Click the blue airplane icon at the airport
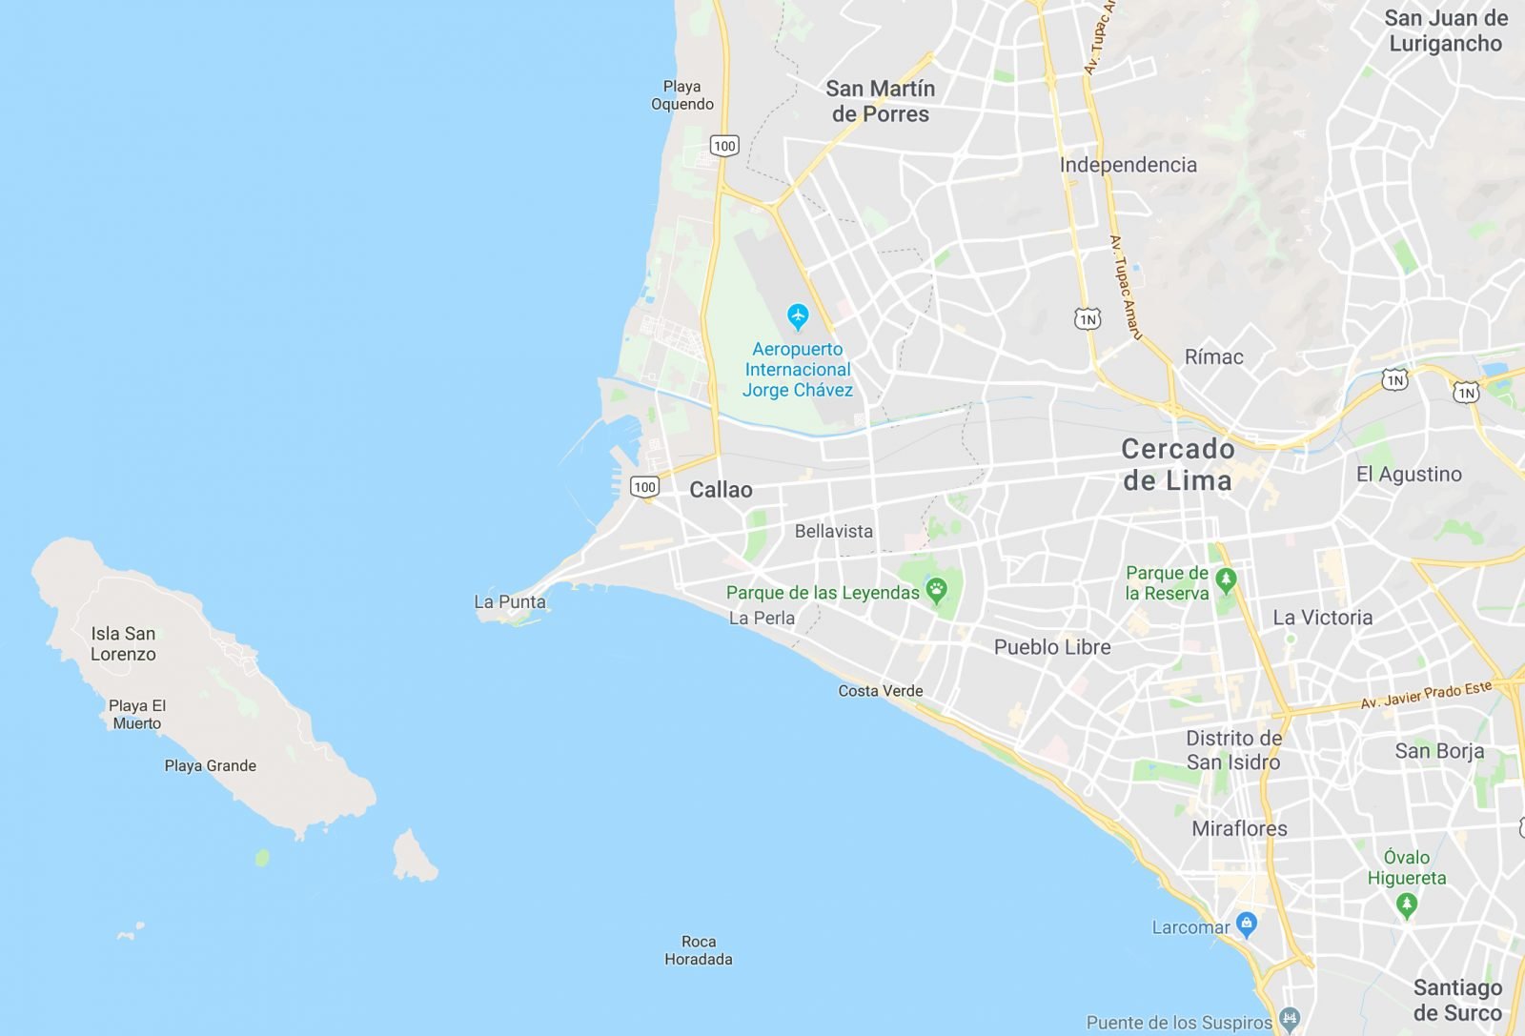[x=798, y=315]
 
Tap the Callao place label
[x=721, y=490]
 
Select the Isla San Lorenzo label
[x=123, y=644]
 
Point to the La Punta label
[x=510, y=602]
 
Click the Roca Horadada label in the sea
[x=699, y=950]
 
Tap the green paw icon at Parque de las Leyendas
[x=937, y=591]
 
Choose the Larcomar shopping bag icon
[x=1246, y=923]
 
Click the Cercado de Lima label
[x=1178, y=464]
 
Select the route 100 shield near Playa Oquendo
[x=724, y=146]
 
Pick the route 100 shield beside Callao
[x=645, y=487]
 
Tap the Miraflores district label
[x=1239, y=828]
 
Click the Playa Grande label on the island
[x=210, y=765]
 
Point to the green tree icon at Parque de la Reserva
[x=1226, y=579]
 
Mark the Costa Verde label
[x=881, y=691]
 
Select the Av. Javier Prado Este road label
[x=1426, y=695]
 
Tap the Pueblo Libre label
[x=1052, y=647]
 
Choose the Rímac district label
[x=1213, y=357]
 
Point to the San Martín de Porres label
[x=880, y=101]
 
